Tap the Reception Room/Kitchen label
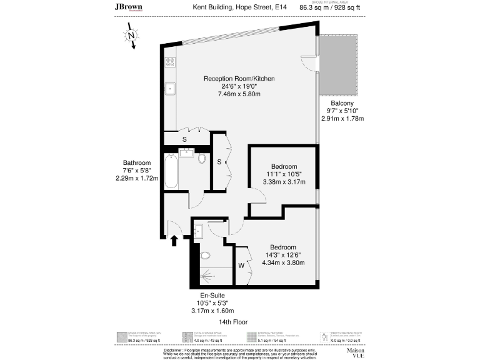coord(239,79)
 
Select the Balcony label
coord(342,103)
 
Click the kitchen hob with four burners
coord(170,62)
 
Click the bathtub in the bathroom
coord(171,171)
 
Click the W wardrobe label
coord(241,265)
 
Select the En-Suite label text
coord(212,295)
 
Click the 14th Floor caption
coord(233,322)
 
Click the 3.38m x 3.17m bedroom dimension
coord(284,182)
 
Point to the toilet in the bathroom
coord(202,158)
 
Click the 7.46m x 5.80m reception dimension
coord(239,94)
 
